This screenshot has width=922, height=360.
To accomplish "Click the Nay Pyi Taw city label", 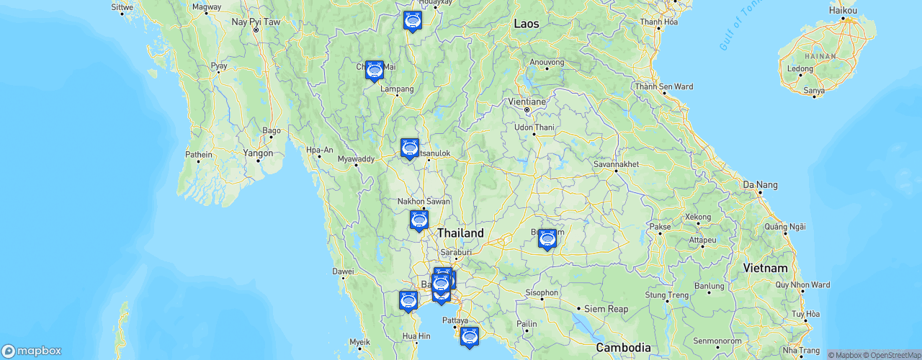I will [x=255, y=22].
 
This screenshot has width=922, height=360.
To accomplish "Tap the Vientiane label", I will [x=527, y=102].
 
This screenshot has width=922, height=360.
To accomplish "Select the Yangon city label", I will [x=258, y=153].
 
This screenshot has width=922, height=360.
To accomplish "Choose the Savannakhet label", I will [x=616, y=164].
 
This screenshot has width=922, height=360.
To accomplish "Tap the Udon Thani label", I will [x=534, y=127].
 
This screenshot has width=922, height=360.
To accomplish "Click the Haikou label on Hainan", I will [x=843, y=11].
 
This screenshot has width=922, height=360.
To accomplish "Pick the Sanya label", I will [x=814, y=91].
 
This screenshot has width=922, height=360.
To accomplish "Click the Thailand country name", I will [x=460, y=233].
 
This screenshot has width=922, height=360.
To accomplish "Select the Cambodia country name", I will [x=624, y=347].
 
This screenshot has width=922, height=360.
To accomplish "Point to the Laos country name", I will [x=526, y=24].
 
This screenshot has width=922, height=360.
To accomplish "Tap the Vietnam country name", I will [x=766, y=268].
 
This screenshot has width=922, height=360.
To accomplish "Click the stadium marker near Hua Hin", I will [x=408, y=300].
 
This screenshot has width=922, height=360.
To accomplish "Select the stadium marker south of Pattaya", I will [x=470, y=336].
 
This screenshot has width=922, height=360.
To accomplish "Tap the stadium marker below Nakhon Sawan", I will [x=419, y=220].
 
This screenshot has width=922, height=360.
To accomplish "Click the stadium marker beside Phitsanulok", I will [x=410, y=148].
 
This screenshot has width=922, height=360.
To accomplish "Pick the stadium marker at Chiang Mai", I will [x=375, y=71].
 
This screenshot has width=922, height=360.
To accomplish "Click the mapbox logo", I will [x=32, y=351].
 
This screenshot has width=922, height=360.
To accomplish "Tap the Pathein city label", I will [x=199, y=154].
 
